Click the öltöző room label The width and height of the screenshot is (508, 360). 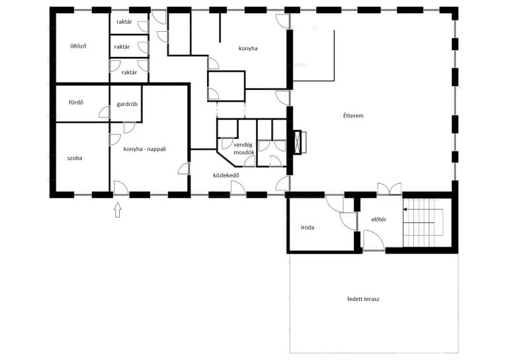point(78,46)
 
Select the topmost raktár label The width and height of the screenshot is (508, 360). point(124,22)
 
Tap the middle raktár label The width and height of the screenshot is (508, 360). point(122,47)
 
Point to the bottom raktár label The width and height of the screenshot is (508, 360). point(129,72)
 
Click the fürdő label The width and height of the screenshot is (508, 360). point(76,103)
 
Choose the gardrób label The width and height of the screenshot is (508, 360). point(127,104)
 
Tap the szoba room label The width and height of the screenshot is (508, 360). point(75,158)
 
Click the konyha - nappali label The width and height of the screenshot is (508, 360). point(144,149)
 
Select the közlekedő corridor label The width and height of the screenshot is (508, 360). point(226,175)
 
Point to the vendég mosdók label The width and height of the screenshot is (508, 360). point(244,148)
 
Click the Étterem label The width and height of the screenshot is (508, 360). point(353,115)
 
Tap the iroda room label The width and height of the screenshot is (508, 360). point(308,227)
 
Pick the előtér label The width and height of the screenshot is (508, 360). point(379,219)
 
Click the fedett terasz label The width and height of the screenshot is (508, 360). point(363,298)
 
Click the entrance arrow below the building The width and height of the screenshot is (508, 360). point(118,210)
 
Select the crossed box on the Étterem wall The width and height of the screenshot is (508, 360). point(300,142)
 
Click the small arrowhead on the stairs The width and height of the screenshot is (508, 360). point(405,210)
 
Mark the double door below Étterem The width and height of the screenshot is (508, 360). point(390,189)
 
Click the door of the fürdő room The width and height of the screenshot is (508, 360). point(105,112)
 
